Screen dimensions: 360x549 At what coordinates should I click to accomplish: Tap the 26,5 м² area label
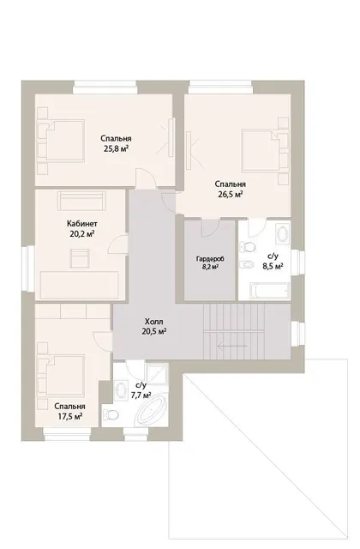click(x=231, y=195)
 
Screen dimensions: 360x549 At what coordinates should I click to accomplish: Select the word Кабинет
click(x=82, y=223)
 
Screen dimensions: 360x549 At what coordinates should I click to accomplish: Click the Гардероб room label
click(x=210, y=259)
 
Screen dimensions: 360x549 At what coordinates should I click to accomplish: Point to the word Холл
click(x=154, y=322)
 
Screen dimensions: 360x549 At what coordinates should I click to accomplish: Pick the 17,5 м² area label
click(x=70, y=416)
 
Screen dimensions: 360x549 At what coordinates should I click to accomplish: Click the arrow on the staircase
click(x=232, y=347)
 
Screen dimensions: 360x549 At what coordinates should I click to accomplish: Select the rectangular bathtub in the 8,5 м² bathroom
click(x=269, y=291)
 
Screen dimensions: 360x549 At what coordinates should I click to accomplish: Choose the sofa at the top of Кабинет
click(x=81, y=200)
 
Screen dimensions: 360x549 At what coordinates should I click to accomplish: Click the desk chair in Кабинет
click(x=80, y=258)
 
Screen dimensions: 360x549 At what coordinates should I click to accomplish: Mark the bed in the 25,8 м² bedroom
click(x=62, y=141)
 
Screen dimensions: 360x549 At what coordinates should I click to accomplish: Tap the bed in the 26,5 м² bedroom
click(x=265, y=151)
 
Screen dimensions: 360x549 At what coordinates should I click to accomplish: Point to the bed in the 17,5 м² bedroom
click(x=62, y=377)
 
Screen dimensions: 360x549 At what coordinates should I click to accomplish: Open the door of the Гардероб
click(x=210, y=227)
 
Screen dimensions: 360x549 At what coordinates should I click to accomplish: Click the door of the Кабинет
click(x=117, y=244)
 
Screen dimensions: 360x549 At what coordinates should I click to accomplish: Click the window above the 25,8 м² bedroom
click(x=105, y=87)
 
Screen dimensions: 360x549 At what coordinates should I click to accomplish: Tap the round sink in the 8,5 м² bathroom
click(x=282, y=233)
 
